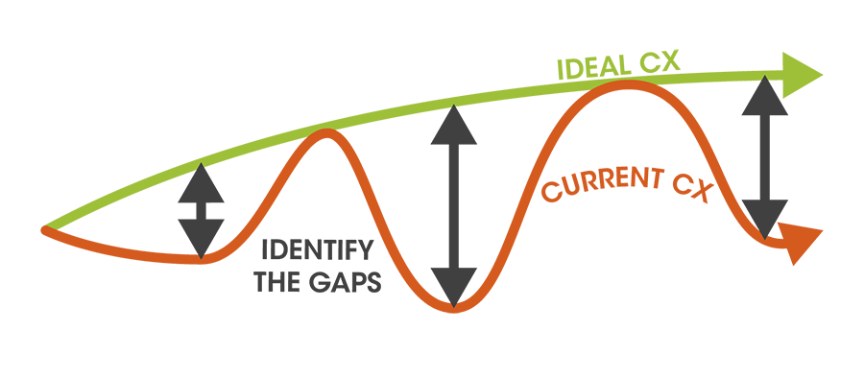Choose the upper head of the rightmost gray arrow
(x=765, y=92)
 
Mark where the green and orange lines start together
(x=46, y=229)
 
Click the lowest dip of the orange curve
(x=454, y=307)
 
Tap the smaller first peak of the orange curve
(x=326, y=134)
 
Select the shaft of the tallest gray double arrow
(x=454, y=206)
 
